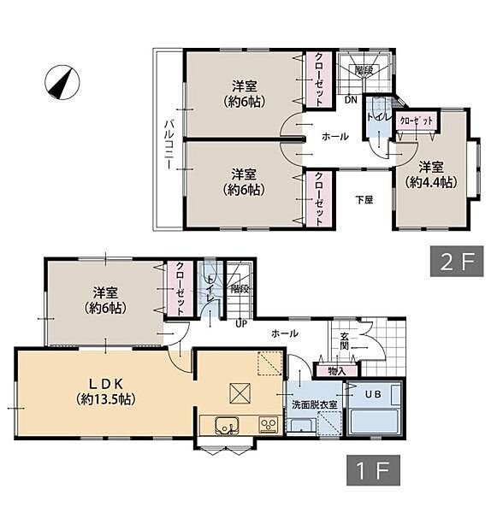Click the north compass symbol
pyautogui.click(x=62, y=82)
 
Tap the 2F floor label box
pyautogui.click(x=457, y=261)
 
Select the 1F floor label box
pyautogui.click(x=373, y=469)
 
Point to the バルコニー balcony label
pyautogui.click(x=169, y=144)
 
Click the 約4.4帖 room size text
pyautogui.click(x=430, y=182)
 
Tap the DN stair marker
pyautogui.click(x=351, y=100)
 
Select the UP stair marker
pyautogui.click(x=241, y=324)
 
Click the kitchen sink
pyautogui.click(x=227, y=426)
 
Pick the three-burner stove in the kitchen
pyautogui.click(x=269, y=425)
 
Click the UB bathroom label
pyautogui.click(x=373, y=394)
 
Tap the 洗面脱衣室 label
pyautogui.click(x=315, y=404)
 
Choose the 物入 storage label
pyautogui.click(x=337, y=371)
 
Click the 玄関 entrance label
pyautogui.click(x=344, y=341)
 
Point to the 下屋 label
pyautogui.click(x=364, y=199)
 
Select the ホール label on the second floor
pyautogui.click(x=335, y=137)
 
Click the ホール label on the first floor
pyautogui.click(x=285, y=333)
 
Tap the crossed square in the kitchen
pyautogui.click(x=240, y=393)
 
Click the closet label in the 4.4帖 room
pyautogui.click(x=417, y=121)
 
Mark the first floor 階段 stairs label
pyautogui.click(x=240, y=289)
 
